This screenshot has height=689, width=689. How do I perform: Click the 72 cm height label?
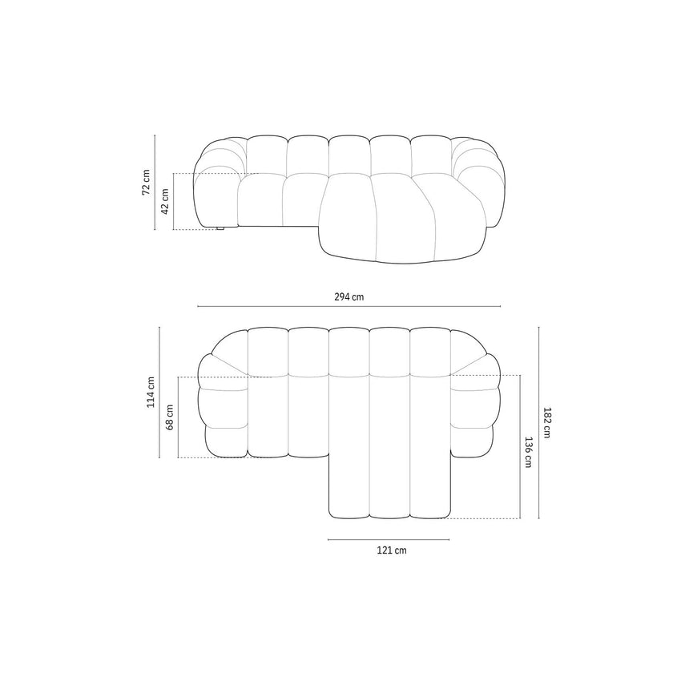click(146, 182)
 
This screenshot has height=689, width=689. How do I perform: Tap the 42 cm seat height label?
click(165, 201)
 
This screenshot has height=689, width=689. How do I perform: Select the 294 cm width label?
click(349, 296)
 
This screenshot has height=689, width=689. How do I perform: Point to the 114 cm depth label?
click(151, 392)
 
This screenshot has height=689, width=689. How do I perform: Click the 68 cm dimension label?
click(170, 417)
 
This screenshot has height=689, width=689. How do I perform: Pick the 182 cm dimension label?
click(547, 423)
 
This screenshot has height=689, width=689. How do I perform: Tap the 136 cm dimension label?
click(528, 452)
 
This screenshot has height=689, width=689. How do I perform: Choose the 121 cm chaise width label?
click(392, 550)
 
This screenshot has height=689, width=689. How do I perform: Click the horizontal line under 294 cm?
click(349, 306)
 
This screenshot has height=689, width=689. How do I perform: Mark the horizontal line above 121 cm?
click(389, 539)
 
